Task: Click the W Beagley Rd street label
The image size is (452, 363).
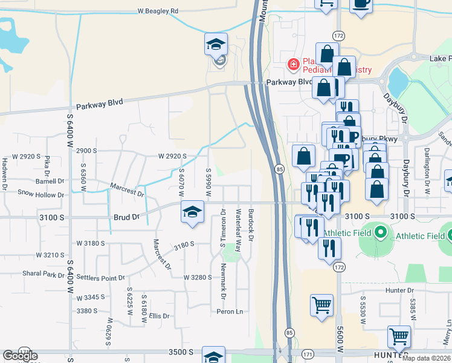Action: coord(158,11)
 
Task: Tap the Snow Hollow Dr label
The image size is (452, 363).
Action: coord(40,195)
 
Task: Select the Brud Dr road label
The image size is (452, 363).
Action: coord(126,216)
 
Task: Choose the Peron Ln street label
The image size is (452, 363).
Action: coord(230,312)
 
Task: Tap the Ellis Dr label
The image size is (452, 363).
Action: coord(160,316)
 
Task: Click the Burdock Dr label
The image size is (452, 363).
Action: coord(251,224)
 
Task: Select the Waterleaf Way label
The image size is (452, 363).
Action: coord(239,230)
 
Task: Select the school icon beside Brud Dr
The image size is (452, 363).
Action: coord(193,212)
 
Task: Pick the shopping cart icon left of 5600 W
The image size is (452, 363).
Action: coord(321,305)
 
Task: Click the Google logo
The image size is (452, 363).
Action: coord(20,356)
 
